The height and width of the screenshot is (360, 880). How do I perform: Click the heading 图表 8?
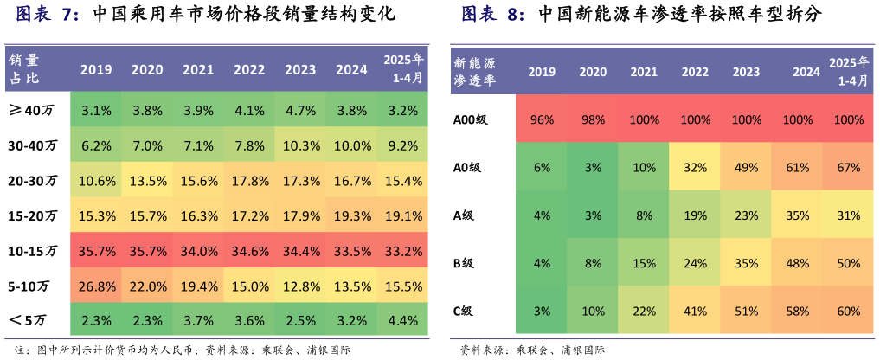[492, 15]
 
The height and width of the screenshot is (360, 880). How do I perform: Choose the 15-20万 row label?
[33, 215]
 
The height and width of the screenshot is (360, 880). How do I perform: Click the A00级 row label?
[472, 119]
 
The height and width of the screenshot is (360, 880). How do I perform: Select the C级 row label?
[467, 311]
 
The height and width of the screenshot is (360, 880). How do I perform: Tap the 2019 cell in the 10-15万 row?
[96, 251]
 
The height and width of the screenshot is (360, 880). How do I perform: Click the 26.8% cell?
[96, 286]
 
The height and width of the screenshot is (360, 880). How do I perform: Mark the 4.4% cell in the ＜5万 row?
[404, 321]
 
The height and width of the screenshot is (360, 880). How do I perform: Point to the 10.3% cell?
[300, 146]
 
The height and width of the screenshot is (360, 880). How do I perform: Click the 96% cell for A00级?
[542, 119]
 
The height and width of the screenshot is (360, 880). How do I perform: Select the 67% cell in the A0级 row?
[849, 167]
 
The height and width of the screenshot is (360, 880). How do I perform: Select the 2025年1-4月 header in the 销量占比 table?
[404, 68]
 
